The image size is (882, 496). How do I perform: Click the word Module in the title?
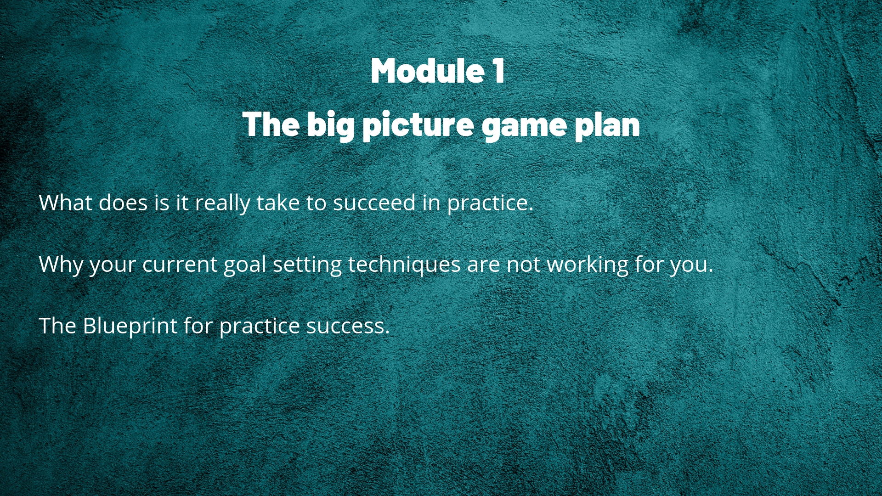[428, 71]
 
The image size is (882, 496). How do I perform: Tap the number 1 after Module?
[498, 71]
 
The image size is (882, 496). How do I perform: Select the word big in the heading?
[331, 125]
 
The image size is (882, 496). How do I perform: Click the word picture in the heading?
[418, 125]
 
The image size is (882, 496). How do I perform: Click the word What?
[66, 203]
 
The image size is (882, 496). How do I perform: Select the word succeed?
[374, 203]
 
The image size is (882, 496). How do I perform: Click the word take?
[278, 203]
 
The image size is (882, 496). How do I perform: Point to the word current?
[180, 265]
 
